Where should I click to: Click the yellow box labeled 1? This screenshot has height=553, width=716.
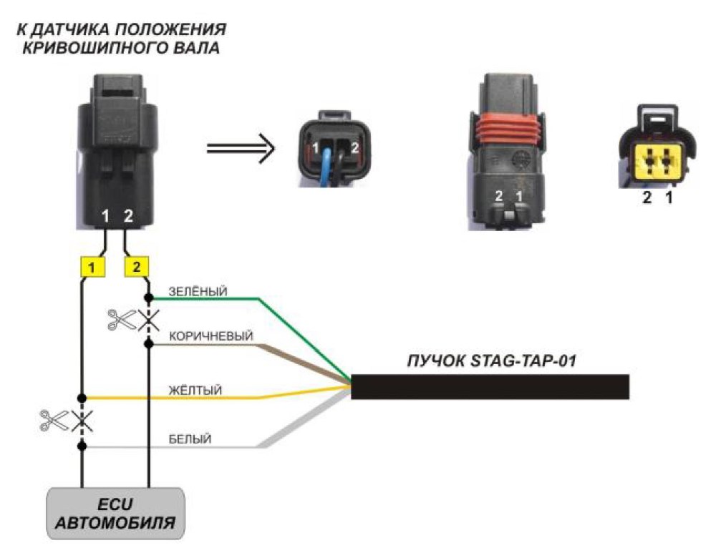92,267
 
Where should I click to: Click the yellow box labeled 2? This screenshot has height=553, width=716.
137,267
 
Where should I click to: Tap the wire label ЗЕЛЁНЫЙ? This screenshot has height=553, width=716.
198,292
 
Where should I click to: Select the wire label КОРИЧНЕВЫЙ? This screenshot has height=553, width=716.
211,336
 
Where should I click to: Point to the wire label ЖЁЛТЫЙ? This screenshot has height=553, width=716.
195,391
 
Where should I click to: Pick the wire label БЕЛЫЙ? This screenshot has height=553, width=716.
190,439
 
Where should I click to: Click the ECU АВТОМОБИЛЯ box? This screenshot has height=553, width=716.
115,514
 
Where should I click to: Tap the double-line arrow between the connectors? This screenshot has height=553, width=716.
241,148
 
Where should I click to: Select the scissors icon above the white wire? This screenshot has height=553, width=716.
54,420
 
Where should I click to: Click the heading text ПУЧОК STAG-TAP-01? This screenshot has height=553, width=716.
491,361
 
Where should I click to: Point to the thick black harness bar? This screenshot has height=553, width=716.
490,387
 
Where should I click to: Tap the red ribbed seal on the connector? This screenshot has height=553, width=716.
507,129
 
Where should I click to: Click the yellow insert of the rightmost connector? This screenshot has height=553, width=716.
658,161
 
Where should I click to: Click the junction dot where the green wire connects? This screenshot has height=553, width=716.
148,298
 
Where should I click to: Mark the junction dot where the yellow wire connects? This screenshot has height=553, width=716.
82,398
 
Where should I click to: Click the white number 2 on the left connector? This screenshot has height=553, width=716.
128,215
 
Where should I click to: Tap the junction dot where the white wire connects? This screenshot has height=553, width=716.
82,446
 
